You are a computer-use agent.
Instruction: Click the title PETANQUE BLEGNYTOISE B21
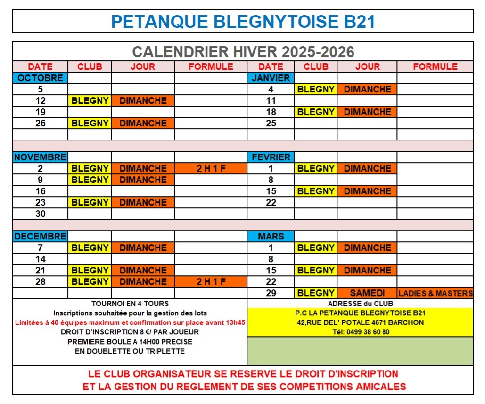(243, 22)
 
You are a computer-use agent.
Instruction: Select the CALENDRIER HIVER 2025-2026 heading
(243, 51)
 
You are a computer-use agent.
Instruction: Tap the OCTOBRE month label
(41, 78)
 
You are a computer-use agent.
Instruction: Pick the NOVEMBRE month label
(41, 157)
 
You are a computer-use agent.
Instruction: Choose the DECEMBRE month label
(41, 236)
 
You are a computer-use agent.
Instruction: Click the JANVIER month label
(271, 78)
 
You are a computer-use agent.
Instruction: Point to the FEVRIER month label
(271, 157)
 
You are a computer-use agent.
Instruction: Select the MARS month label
(271, 236)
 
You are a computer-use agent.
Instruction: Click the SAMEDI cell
(367, 293)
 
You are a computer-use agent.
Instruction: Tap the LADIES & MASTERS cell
(435, 293)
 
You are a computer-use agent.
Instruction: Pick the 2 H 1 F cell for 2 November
(211, 168)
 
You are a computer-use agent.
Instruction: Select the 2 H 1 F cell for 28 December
(211, 281)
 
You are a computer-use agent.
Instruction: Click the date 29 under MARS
(271, 293)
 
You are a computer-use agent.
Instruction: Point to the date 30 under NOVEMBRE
(41, 214)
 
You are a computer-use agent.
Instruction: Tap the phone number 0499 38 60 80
(360, 331)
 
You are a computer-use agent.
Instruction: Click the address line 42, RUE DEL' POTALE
(360, 322)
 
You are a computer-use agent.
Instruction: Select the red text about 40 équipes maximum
(130, 322)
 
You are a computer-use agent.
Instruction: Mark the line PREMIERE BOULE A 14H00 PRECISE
(130, 341)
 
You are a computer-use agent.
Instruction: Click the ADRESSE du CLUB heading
(360, 304)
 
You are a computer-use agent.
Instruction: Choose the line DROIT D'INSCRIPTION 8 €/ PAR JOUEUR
(130, 332)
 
